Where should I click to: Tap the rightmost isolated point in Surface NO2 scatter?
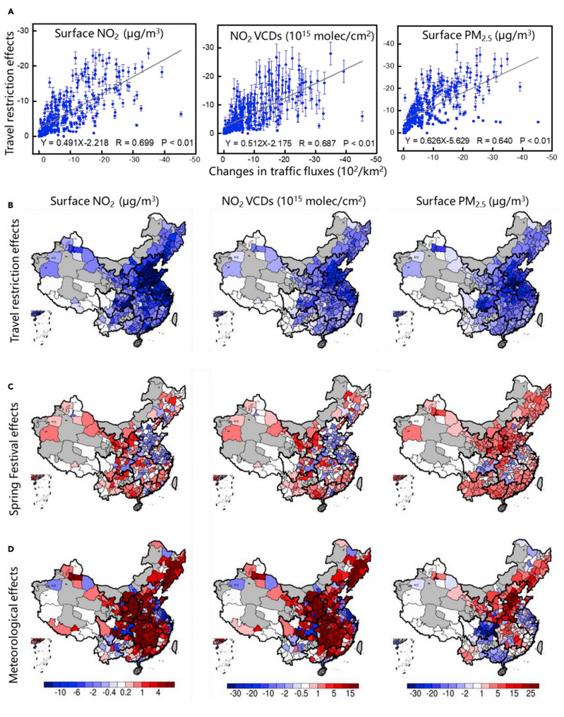pos(181,114)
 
